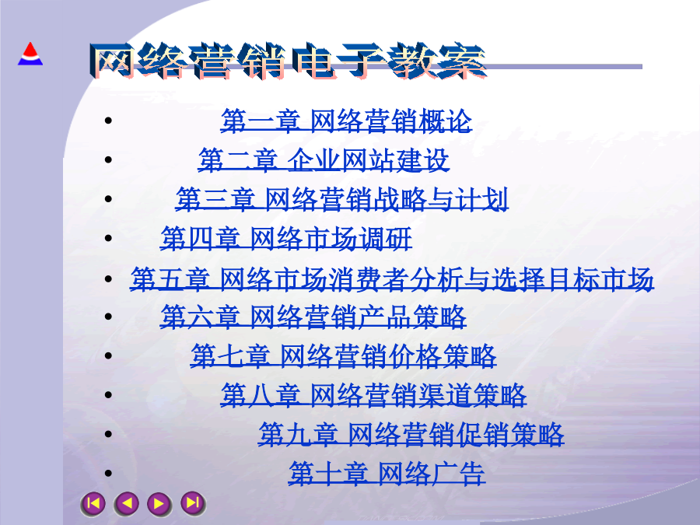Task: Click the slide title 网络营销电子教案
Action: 288,61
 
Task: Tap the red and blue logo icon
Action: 30,54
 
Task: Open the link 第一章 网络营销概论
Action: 346,121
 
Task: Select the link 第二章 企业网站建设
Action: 324,160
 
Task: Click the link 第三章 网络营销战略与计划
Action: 342,199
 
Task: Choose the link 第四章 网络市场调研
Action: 286,239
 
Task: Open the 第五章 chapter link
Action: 392,279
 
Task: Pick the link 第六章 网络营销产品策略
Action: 313,317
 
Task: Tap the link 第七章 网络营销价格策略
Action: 343,355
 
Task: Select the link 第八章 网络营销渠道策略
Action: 373,395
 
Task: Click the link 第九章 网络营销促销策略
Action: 411,434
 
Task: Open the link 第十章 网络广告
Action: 387,473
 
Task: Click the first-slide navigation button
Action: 93,503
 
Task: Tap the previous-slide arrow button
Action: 126,503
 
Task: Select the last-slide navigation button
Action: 193,503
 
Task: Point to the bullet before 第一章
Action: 108,121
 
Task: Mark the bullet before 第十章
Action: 108,473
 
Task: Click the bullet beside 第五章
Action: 108,278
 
